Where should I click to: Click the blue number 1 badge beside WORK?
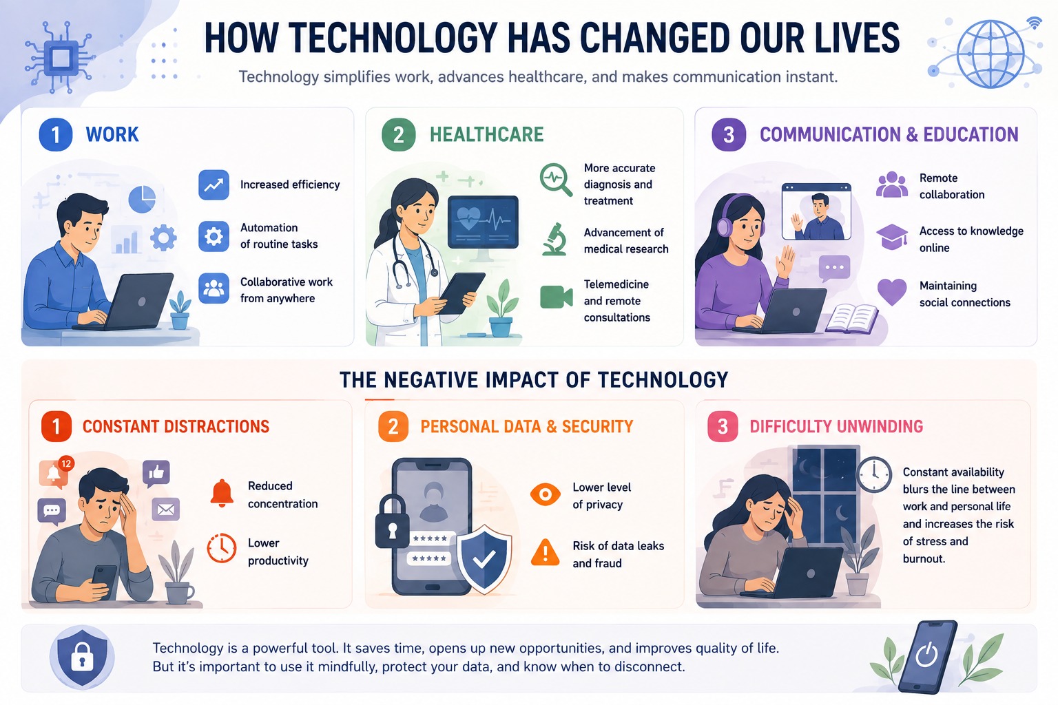55,134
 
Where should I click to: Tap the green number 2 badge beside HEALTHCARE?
398,134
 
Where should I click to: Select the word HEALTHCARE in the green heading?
486,134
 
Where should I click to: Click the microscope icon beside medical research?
555,240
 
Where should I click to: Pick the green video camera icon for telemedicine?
557,297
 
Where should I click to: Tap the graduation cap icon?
892,237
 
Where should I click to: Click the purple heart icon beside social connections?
892,291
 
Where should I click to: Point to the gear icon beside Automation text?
214,236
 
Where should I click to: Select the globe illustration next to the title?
990,54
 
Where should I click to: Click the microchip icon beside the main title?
61,59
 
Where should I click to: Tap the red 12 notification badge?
66,464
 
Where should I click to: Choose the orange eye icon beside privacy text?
545,494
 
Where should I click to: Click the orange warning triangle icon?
545,552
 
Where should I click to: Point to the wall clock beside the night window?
874,474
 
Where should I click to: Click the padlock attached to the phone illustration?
392,521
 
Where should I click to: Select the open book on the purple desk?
851,319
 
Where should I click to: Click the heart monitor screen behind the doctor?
483,222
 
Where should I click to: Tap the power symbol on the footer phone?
926,655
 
